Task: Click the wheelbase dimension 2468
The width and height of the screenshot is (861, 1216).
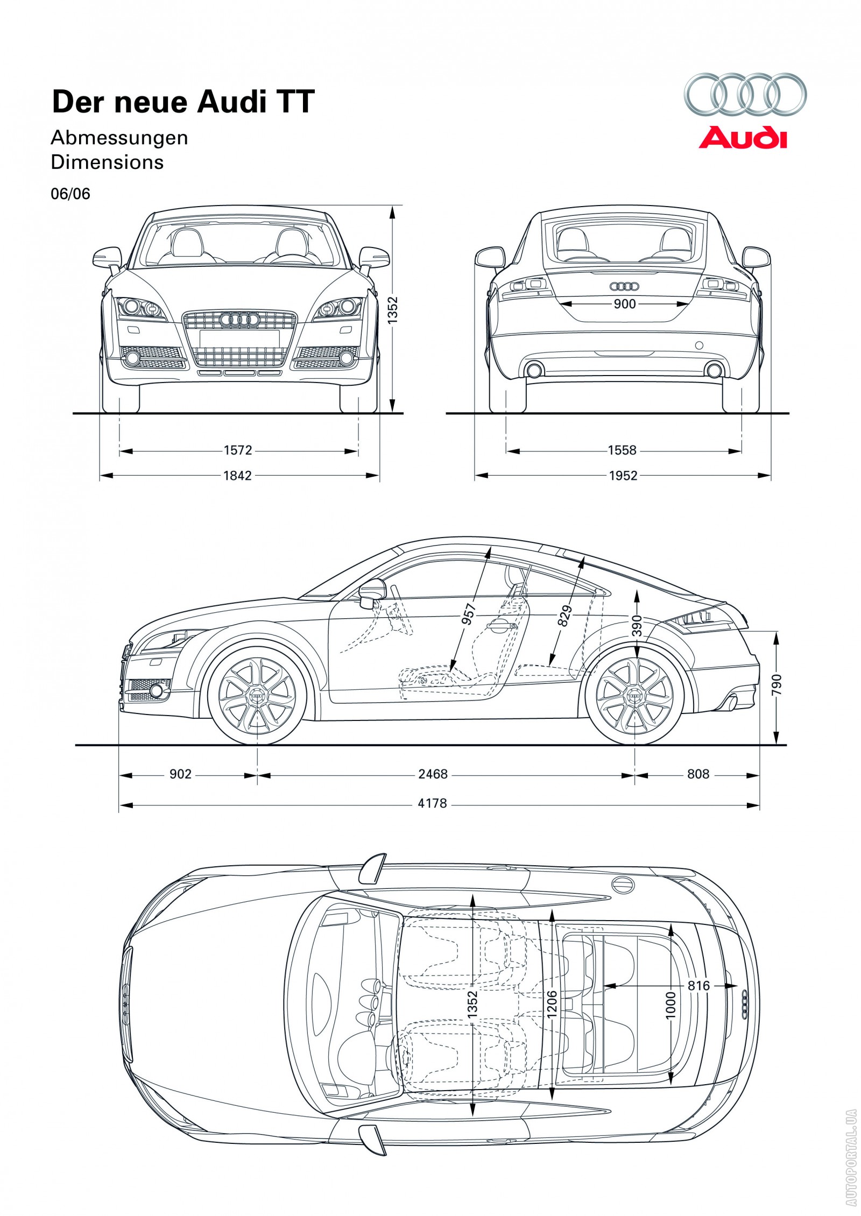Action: [433, 774]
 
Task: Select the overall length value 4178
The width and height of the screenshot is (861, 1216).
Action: [432, 803]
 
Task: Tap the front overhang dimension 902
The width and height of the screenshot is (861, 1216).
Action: [180, 774]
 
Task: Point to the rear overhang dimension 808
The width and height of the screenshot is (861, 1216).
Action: [698, 774]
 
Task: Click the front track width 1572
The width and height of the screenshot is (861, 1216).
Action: [238, 450]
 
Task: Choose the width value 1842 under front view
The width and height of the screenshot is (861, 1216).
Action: [237, 475]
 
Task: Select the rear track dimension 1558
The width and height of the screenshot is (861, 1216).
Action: [622, 450]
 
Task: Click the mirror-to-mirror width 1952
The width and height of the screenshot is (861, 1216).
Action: [623, 475]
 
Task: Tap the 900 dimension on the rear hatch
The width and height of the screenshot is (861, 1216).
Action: [624, 304]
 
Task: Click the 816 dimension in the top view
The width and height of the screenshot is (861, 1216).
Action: [698, 985]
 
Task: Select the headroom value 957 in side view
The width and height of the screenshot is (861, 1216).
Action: [469, 614]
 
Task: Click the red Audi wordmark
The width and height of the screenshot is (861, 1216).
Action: [743, 138]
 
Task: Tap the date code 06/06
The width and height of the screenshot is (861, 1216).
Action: [70, 194]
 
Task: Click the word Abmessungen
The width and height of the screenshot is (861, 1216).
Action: [119, 138]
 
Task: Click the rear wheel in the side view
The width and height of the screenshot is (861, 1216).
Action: [635, 696]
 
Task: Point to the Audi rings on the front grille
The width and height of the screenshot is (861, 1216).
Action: [239, 320]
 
